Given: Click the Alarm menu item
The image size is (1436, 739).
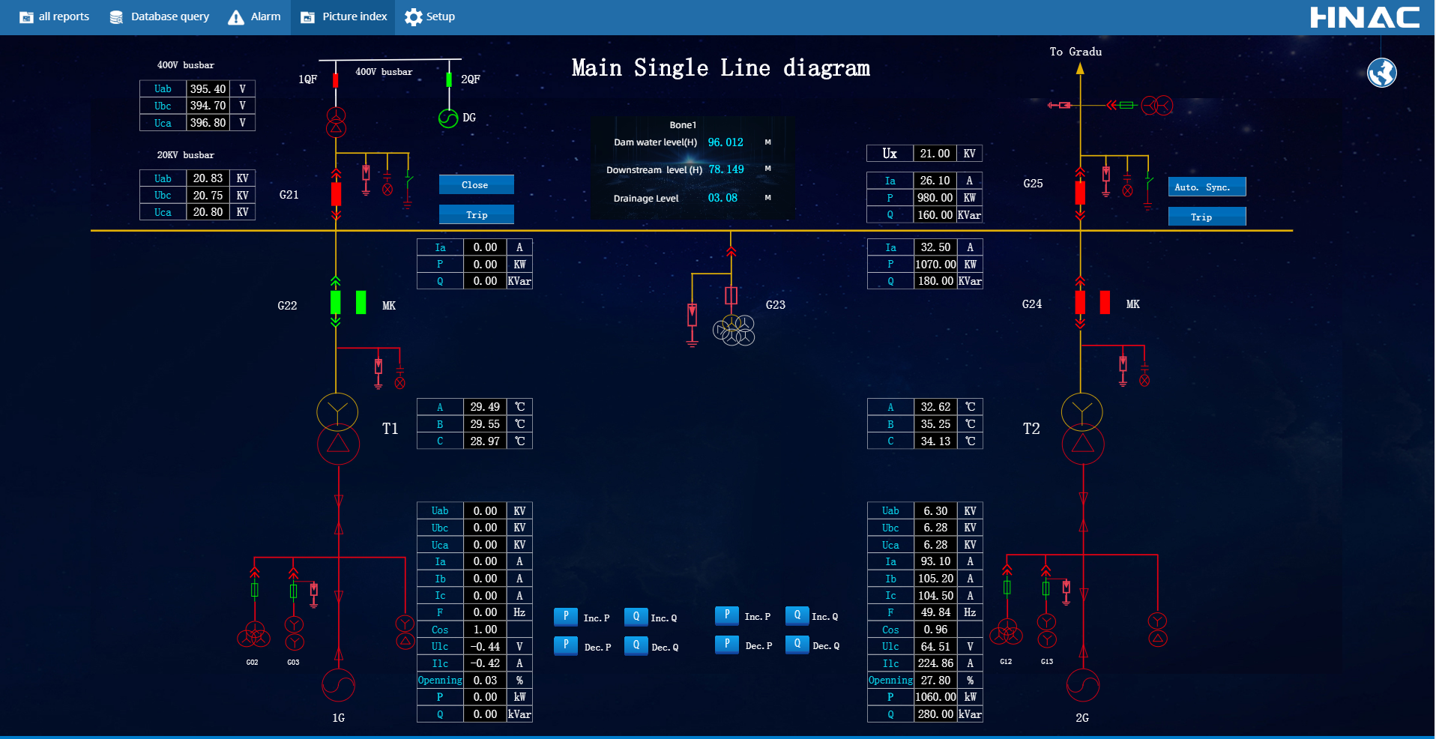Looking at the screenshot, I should (255, 16).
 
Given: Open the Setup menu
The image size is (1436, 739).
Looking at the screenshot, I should (429, 16).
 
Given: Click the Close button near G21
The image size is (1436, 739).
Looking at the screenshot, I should (476, 184).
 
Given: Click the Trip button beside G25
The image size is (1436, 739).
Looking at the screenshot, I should (1207, 217).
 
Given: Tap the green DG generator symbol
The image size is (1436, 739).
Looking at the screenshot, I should (448, 118).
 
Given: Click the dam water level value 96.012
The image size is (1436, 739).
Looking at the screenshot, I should (725, 142).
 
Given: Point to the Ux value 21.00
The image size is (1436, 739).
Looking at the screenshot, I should (935, 154).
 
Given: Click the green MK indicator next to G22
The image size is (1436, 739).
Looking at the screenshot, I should (361, 302).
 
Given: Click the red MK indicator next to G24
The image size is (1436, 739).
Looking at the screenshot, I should (1105, 302).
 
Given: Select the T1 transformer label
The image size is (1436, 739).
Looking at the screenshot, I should (390, 429).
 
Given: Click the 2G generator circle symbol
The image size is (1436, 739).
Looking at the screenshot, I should (1082, 684).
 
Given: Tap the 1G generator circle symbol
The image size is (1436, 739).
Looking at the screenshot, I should (338, 684).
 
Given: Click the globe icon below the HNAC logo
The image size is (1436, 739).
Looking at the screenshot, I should (1381, 73).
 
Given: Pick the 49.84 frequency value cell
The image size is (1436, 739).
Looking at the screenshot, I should (935, 612).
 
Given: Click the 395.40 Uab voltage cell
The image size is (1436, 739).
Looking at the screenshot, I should (208, 88).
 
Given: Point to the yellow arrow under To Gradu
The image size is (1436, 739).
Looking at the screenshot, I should (1080, 69).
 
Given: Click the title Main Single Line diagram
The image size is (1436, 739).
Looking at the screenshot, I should (720, 68).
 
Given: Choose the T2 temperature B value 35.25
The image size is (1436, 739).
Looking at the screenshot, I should (935, 424).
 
